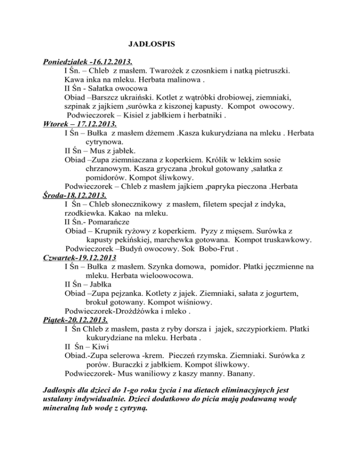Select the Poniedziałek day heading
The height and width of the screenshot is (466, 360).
point(87,62)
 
